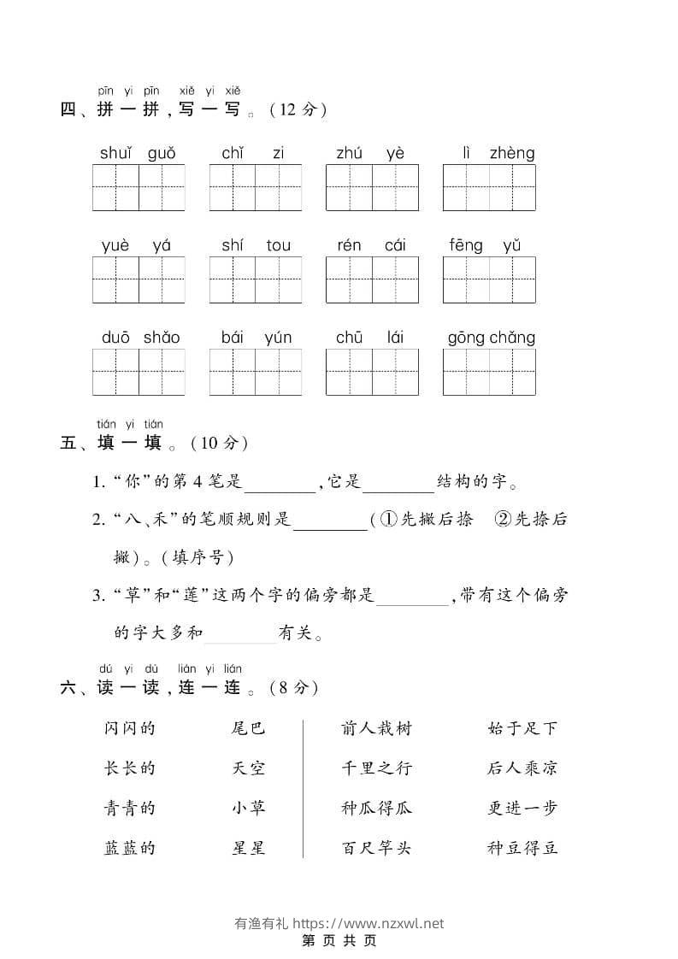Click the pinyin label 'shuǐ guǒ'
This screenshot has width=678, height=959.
coord(138,154)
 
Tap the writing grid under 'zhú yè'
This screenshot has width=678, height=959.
coord(372,187)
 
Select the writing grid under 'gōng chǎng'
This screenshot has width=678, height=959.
coord(489,372)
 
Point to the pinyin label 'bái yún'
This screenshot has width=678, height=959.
coord(256,338)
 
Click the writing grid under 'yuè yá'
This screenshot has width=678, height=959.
coord(139,279)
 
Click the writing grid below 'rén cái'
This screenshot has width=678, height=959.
coord(372,279)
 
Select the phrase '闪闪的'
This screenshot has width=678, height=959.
coord(129,728)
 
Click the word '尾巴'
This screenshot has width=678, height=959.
coord(249,728)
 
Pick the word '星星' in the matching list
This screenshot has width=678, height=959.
coord(249,848)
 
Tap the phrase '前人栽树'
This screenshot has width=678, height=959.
coord(376,728)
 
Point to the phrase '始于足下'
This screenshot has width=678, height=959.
coord(522,728)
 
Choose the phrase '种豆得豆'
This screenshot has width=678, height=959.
coord(522,848)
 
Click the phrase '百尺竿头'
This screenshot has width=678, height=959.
coord(376,848)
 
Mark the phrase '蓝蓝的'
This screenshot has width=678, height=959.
coord(129,848)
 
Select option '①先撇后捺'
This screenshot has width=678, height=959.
coord(426,520)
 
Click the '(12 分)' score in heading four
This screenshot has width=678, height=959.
coord(298,109)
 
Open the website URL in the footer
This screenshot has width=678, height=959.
coord(368,923)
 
